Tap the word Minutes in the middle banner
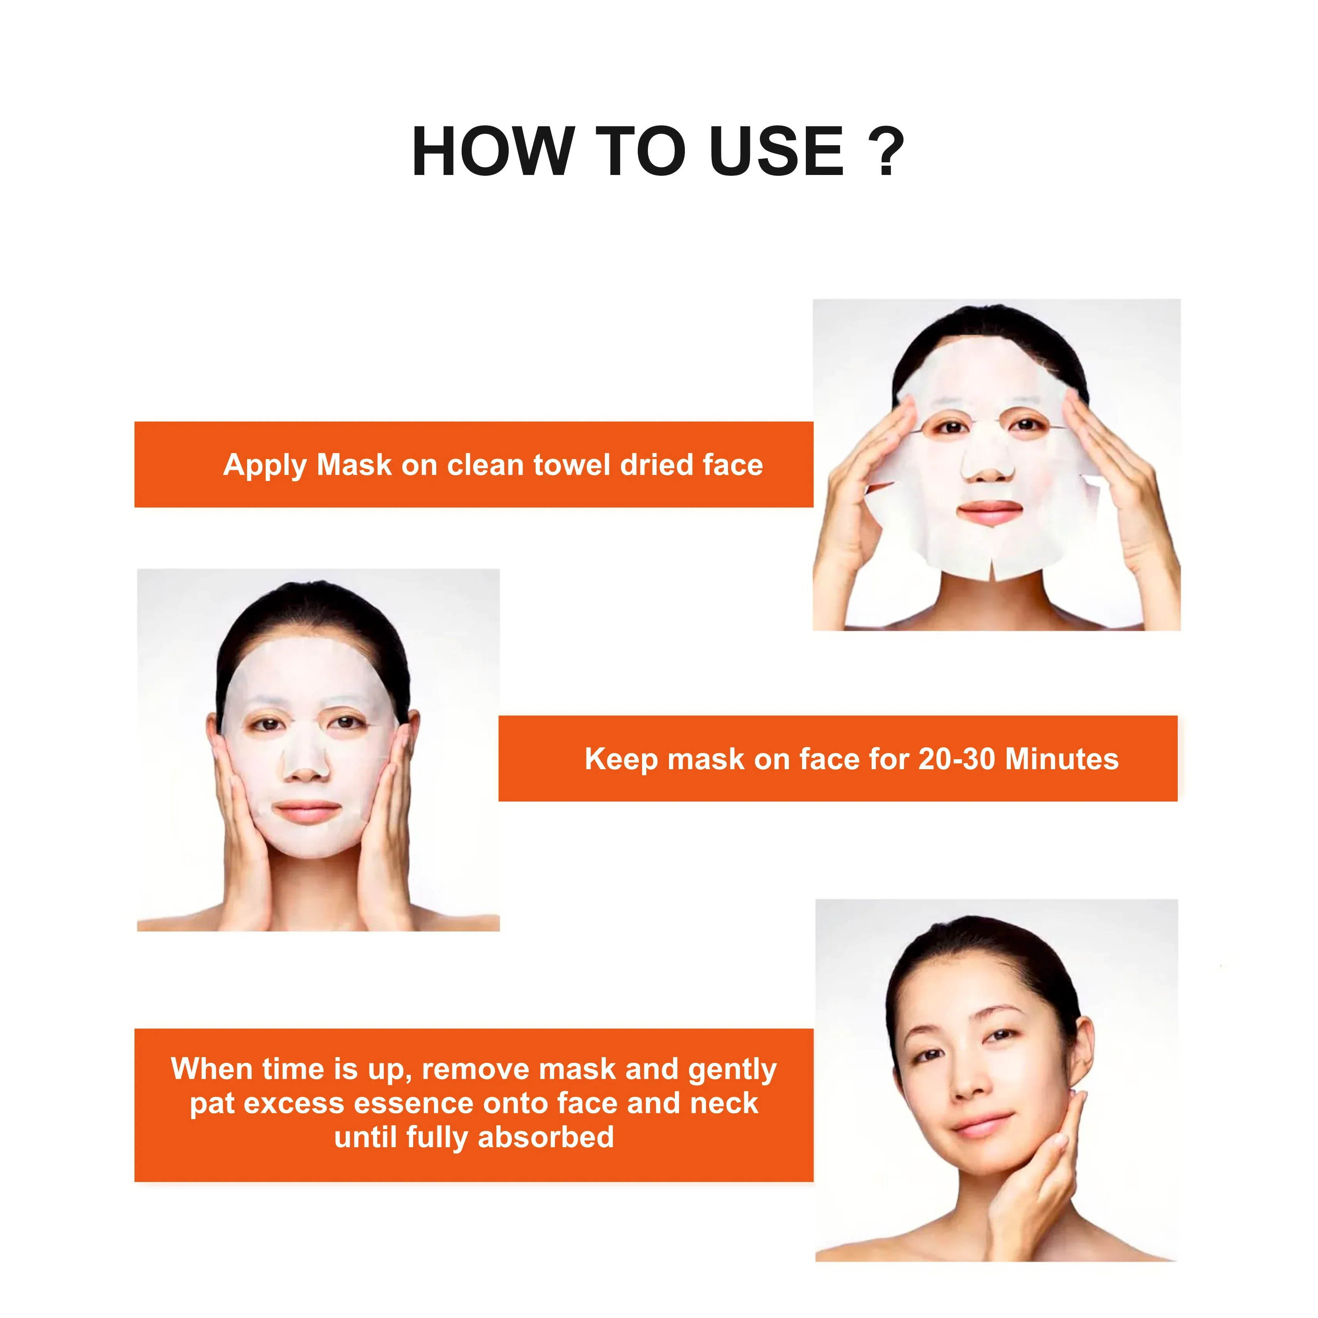point(1062,759)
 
